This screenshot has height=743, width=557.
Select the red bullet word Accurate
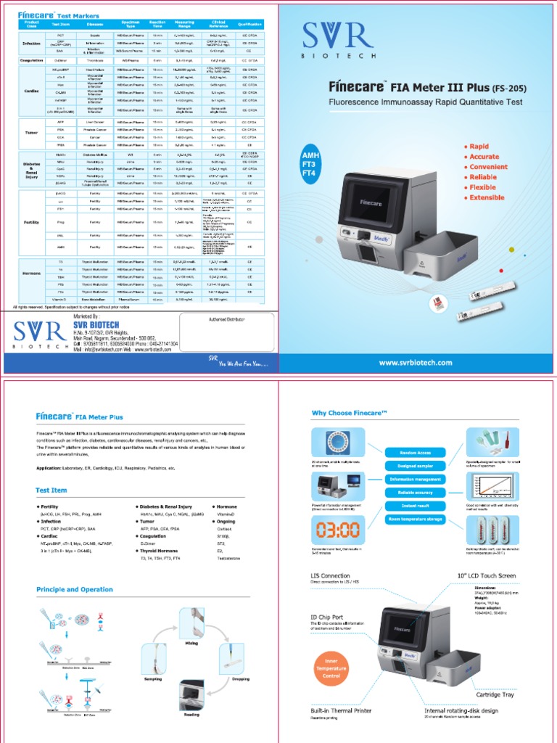tap(483, 157)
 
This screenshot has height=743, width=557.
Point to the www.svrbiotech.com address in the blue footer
tap(415, 363)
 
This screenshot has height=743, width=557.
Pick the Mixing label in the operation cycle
tap(192, 623)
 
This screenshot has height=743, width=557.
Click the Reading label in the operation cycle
tap(191, 714)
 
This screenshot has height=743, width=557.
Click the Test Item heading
tap(51, 490)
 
